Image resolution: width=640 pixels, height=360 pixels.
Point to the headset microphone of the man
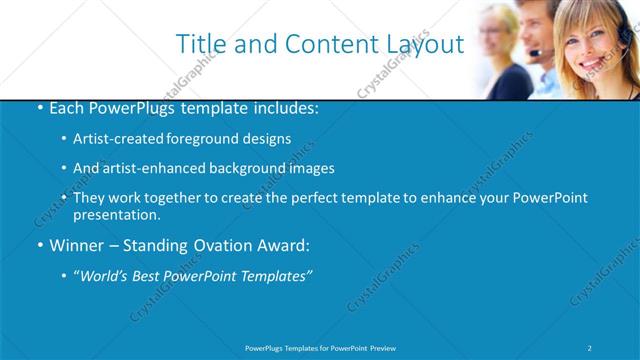click(x=536, y=52)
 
